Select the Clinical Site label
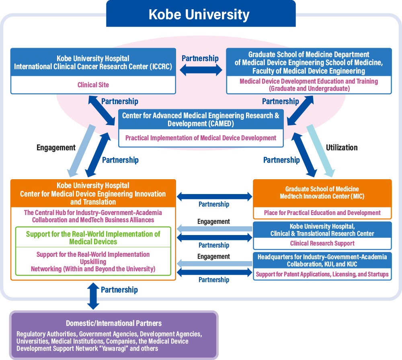click(x=93, y=85)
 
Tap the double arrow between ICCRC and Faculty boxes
click(x=201, y=70)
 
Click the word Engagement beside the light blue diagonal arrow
click(x=56, y=147)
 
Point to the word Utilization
click(x=342, y=147)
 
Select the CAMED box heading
click(x=201, y=119)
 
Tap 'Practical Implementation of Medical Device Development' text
click(x=201, y=138)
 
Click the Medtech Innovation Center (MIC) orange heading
click(x=322, y=192)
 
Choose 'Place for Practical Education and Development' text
click(x=322, y=213)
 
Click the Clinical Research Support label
click(x=322, y=243)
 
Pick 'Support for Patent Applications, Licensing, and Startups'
click(x=322, y=274)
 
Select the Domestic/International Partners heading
click(x=114, y=323)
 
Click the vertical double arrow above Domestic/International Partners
click(x=93, y=296)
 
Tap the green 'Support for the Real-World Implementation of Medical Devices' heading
click(x=93, y=237)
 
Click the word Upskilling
click(x=93, y=262)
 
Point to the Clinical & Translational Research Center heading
click(x=322, y=229)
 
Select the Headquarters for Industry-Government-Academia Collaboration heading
click(x=322, y=260)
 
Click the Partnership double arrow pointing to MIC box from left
click(x=214, y=197)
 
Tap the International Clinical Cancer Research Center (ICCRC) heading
click(x=93, y=63)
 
